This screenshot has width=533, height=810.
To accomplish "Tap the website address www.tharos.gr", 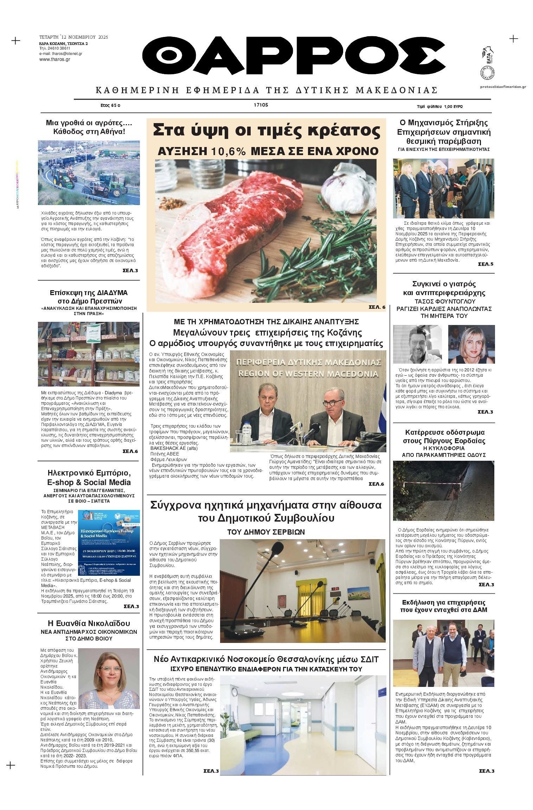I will coord(54,59).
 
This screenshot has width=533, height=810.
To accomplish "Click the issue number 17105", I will coord(261,105).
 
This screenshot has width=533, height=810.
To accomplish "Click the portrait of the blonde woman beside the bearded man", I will coord(471,344).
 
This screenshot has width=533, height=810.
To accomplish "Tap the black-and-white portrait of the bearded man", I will coord(417,344).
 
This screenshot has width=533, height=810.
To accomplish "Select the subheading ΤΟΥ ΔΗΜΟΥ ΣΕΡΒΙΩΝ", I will coord(266,532).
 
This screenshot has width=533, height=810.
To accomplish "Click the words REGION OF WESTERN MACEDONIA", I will coord(308,374).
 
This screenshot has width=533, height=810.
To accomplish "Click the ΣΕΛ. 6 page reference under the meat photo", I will coord(377,307).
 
